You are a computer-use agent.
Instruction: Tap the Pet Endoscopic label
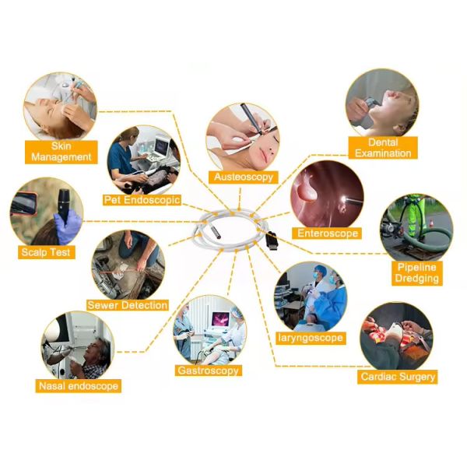point(142,200)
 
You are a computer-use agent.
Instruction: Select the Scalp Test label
point(46,252)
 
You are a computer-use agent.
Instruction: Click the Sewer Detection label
point(128,305)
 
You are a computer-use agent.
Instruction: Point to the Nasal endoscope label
point(79,385)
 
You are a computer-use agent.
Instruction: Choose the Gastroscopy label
point(209,370)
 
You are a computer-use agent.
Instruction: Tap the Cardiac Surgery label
point(398,377)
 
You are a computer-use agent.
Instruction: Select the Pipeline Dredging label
point(416,272)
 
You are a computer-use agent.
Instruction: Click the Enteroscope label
point(328,233)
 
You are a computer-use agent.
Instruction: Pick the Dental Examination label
point(383,148)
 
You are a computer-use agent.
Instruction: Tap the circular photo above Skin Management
point(60,105)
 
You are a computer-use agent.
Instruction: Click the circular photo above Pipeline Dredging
point(416,227)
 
